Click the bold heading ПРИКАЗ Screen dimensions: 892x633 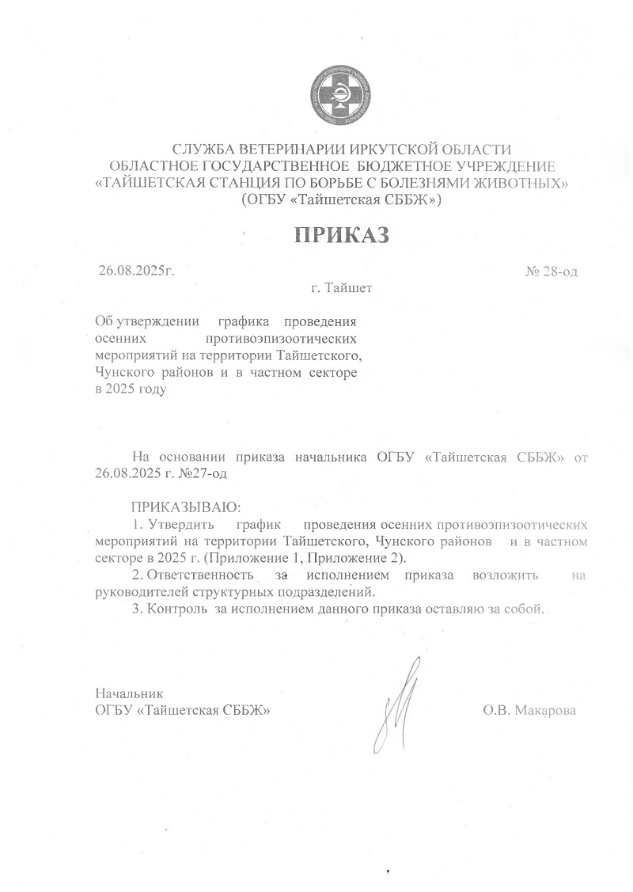pyautogui.click(x=343, y=236)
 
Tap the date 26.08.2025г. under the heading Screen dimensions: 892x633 pyautogui.click(x=136, y=271)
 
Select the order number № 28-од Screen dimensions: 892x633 pyautogui.click(x=552, y=271)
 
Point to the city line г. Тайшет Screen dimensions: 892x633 pyautogui.click(x=342, y=288)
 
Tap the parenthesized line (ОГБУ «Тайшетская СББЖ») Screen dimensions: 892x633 pyautogui.click(x=342, y=199)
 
